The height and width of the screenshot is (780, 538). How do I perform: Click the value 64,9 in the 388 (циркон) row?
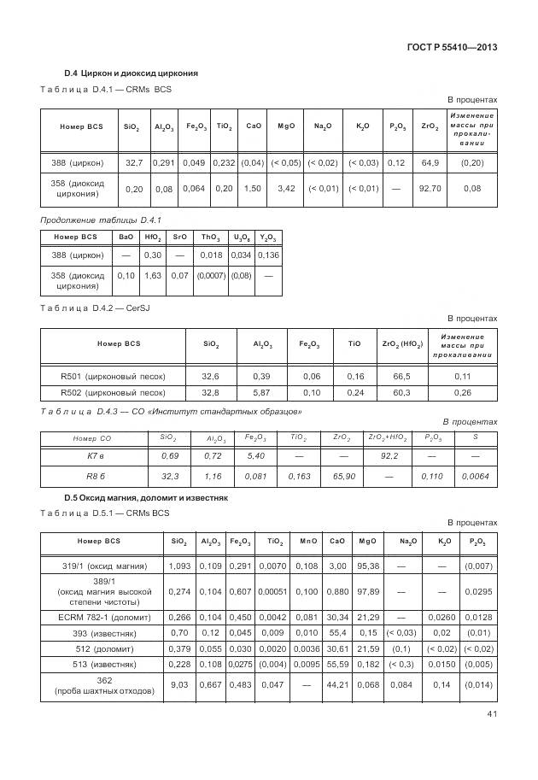click(430, 162)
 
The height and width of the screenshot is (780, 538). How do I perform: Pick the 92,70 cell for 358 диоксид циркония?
click(430, 188)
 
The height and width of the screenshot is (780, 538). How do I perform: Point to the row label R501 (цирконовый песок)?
click(113, 376)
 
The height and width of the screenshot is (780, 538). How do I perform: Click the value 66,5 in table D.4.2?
click(401, 376)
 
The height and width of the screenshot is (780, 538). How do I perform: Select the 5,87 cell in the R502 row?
click(262, 393)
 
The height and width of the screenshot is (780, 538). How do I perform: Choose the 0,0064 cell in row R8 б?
click(475, 476)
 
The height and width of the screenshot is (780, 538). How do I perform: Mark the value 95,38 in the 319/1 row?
click(368, 566)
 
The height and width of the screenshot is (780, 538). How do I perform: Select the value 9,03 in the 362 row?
click(178, 684)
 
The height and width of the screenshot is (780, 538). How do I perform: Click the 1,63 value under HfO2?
click(153, 276)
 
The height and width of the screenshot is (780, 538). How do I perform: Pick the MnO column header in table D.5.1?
click(309, 542)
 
